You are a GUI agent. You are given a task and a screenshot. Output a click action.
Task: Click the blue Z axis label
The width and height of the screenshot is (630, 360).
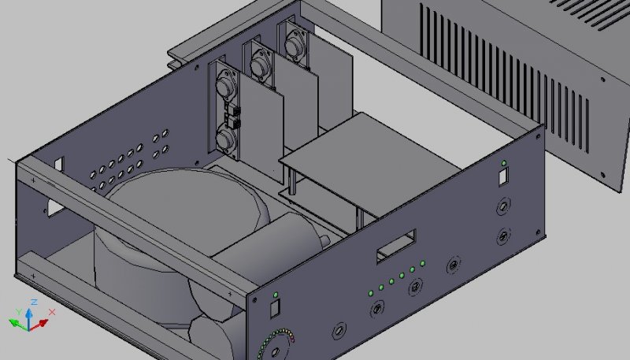pyautogui.click(x=35, y=302)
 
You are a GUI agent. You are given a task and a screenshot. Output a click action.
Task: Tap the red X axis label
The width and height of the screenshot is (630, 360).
pyautogui.click(x=52, y=312)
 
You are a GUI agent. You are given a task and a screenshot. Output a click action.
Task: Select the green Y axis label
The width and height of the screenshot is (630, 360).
pyautogui.click(x=18, y=312)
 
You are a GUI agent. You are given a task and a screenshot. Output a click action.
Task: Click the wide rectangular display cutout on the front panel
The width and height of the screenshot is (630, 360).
pyautogui.click(x=396, y=246)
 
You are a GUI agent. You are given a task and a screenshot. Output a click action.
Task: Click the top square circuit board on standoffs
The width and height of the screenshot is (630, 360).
pyautogui.click(x=369, y=161)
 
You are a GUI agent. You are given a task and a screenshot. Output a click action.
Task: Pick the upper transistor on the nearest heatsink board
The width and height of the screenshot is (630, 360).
pyautogui.click(x=225, y=85)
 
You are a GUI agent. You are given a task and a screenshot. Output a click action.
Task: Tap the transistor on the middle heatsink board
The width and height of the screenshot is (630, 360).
pyautogui.click(x=260, y=65)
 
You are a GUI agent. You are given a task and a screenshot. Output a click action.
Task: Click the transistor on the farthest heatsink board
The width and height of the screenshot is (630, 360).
pyautogui.click(x=294, y=46)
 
